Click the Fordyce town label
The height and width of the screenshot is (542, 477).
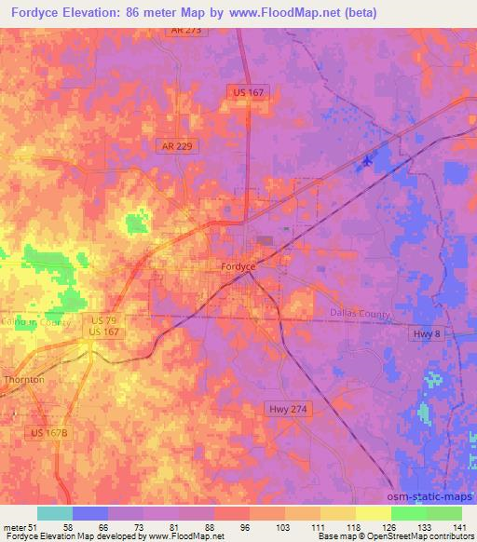click(238, 266)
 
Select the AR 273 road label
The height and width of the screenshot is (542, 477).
click(185, 31)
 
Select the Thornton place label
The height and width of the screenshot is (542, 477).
click(23, 380)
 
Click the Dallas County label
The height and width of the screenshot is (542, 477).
click(360, 314)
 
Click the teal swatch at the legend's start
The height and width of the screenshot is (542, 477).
click(55, 513)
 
